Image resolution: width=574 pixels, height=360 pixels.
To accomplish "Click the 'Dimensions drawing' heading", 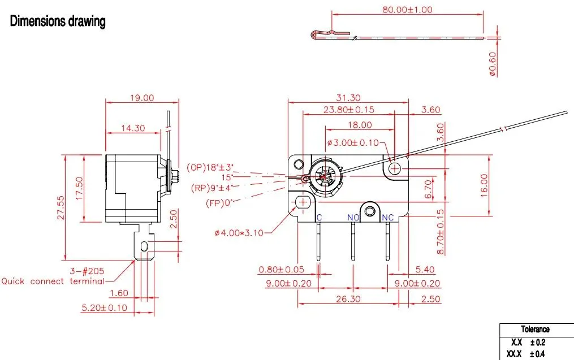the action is pyautogui.click(x=58, y=21).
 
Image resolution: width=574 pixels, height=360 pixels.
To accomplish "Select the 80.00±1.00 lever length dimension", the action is pyautogui.click(x=407, y=10).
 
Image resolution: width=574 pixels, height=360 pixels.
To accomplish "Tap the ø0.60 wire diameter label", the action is pyautogui.click(x=493, y=64).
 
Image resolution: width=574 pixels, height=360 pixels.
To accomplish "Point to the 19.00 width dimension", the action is pyautogui.click(x=142, y=98).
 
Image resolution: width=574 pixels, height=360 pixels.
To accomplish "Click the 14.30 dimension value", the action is pyautogui.click(x=133, y=128).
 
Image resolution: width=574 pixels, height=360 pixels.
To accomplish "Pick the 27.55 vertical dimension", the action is pyautogui.click(x=61, y=207).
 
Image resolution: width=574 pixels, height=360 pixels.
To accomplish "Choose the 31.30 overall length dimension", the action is pyautogui.click(x=348, y=98).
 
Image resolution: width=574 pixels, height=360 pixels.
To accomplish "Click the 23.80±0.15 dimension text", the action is pyautogui.click(x=349, y=110).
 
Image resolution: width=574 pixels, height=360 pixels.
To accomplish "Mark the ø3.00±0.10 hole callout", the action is pyautogui.click(x=353, y=142).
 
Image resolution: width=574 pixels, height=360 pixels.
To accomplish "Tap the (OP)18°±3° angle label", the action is pyautogui.click(x=210, y=167).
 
